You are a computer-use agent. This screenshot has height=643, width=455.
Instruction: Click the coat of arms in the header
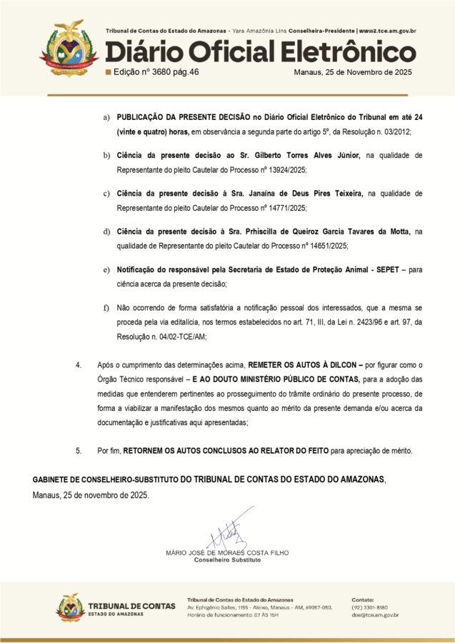click(69, 47)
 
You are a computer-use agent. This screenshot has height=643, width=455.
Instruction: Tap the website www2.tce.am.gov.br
click(387, 31)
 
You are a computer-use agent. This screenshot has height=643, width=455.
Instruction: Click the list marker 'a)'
click(107, 116)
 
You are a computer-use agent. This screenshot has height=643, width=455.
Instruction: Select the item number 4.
click(79, 365)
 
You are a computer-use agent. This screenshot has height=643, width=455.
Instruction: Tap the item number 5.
click(79, 451)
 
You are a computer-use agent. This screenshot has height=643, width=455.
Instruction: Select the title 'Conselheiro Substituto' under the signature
click(227, 560)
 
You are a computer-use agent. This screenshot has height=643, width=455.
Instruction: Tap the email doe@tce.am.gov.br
click(375, 614)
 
